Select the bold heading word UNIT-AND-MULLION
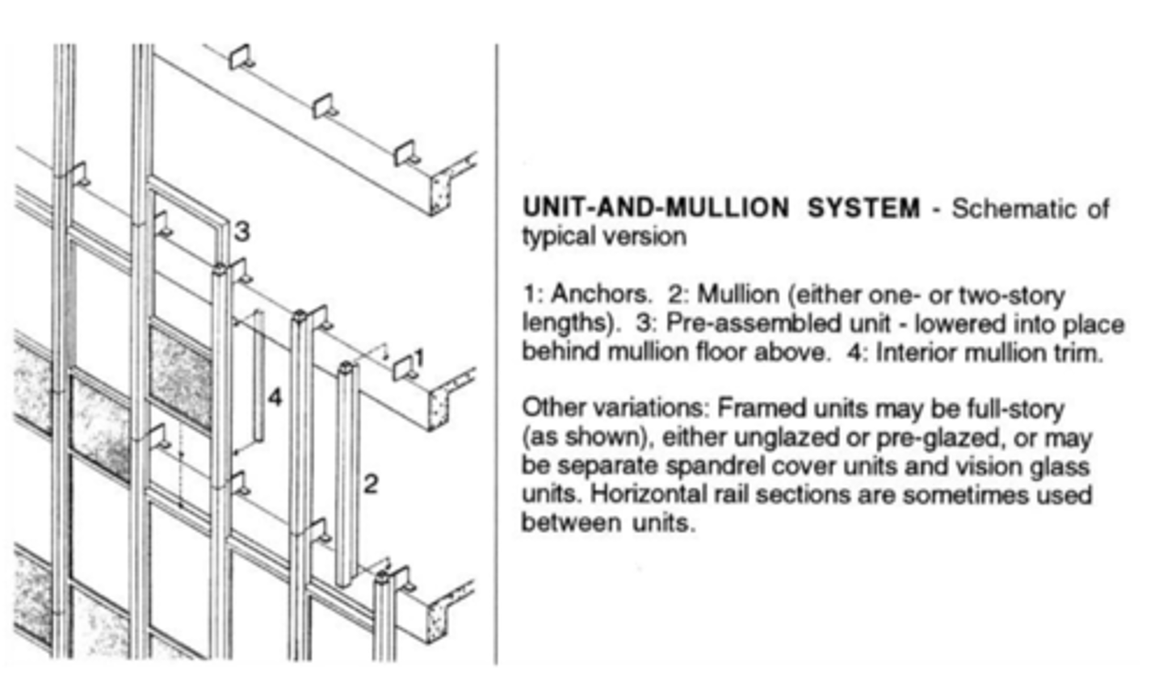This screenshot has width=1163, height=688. coord(655,208)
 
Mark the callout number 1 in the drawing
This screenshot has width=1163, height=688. coord(418,358)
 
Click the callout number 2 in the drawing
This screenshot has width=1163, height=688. coord(371,484)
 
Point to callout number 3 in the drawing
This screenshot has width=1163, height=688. coord(242,232)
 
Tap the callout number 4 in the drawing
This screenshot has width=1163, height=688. coord(275,396)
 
